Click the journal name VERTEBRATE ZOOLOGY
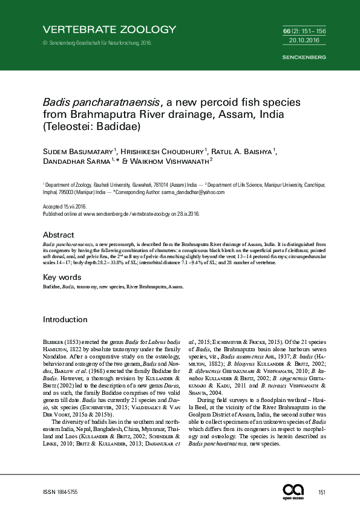click(x=110, y=29)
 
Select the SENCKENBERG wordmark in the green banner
click(x=304, y=57)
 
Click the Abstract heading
click(x=59, y=235)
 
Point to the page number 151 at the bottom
click(x=322, y=493)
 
